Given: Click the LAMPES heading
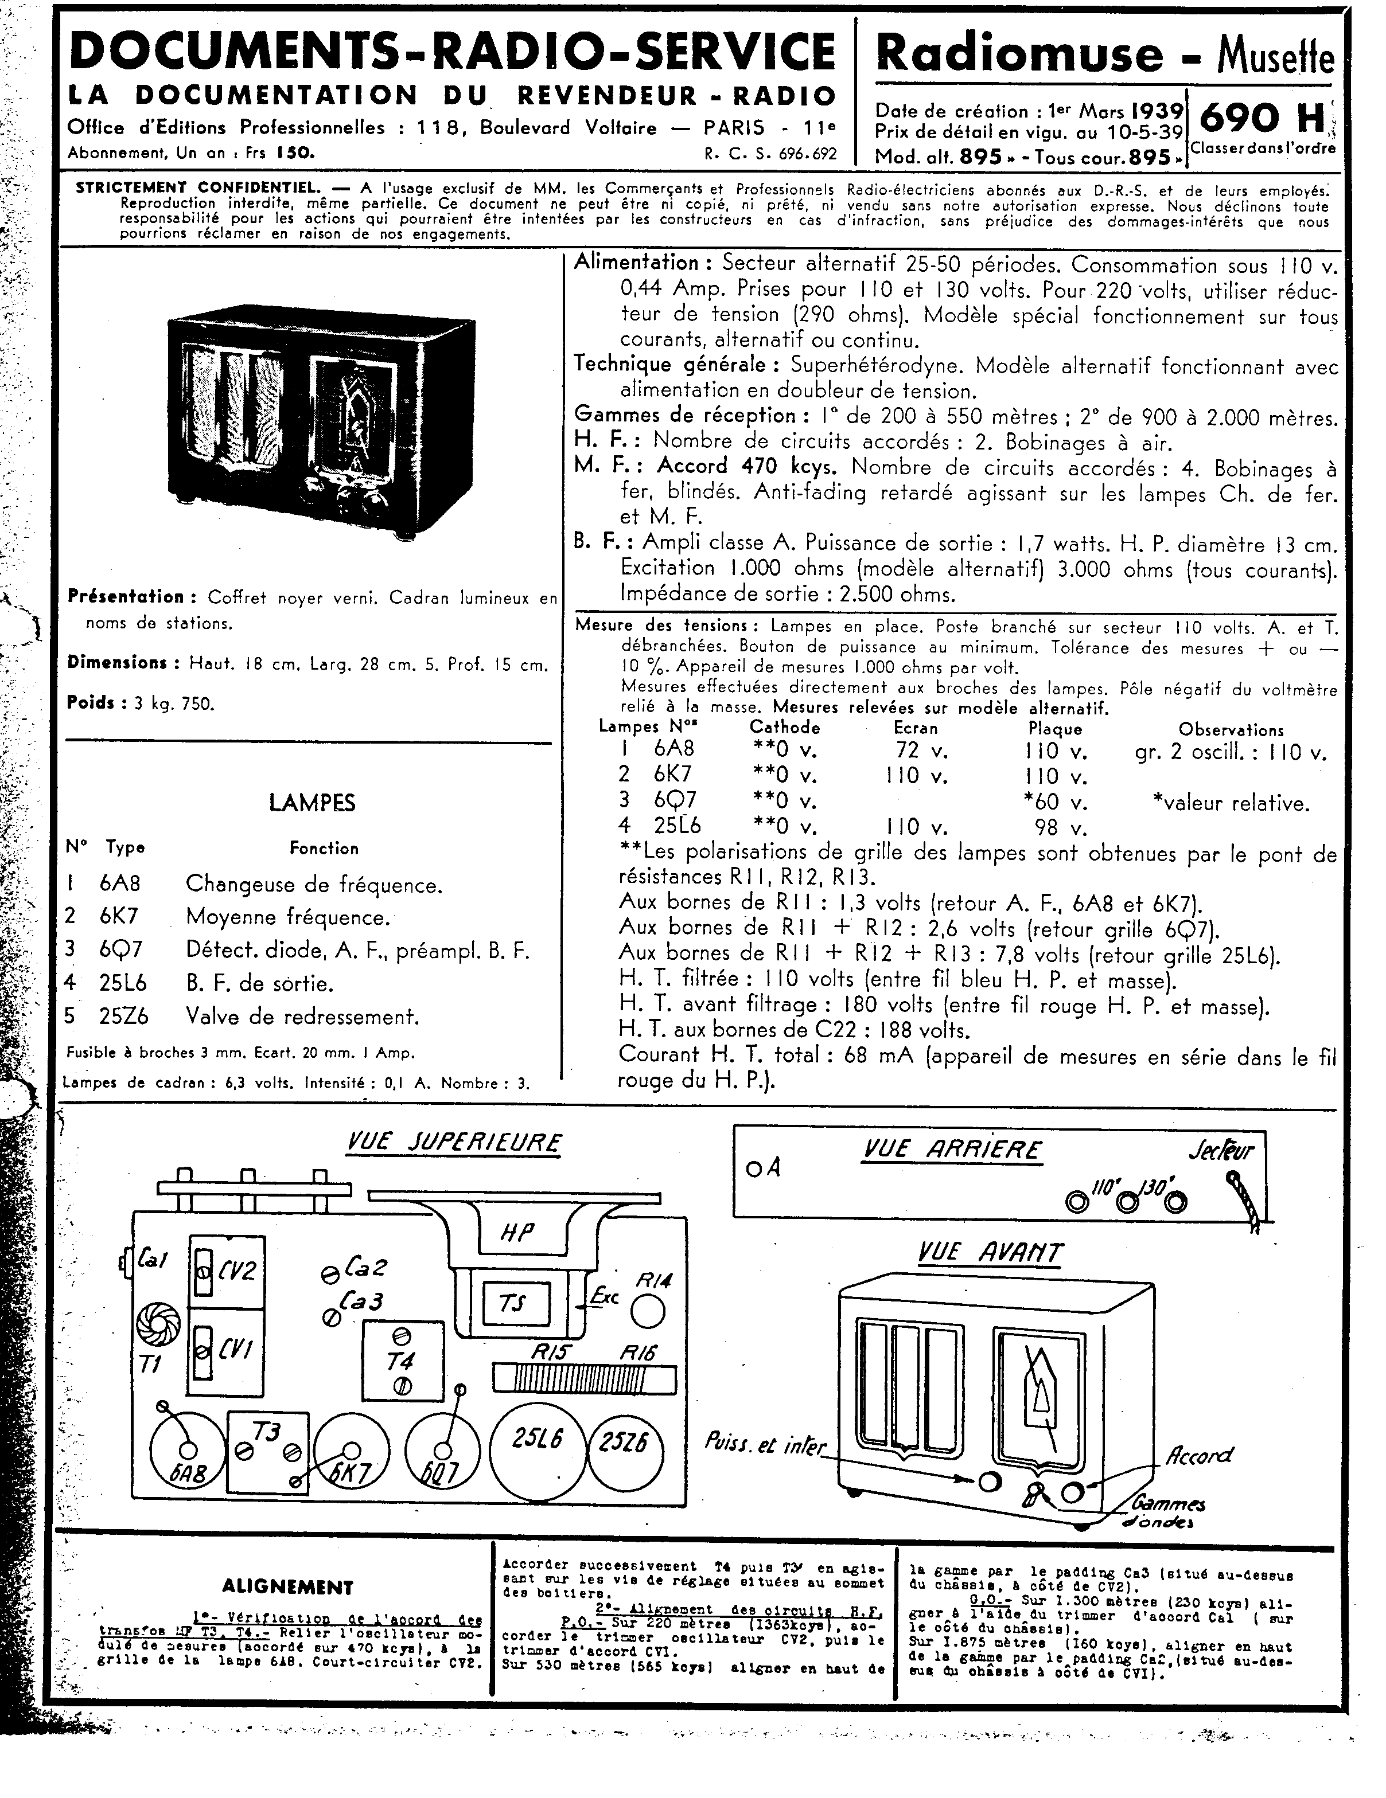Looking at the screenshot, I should [x=312, y=803].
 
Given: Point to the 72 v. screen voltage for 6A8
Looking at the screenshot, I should [x=921, y=750].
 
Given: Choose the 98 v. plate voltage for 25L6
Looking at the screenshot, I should [x=1060, y=827].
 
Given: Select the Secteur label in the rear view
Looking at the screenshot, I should [x=1220, y=1150].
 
